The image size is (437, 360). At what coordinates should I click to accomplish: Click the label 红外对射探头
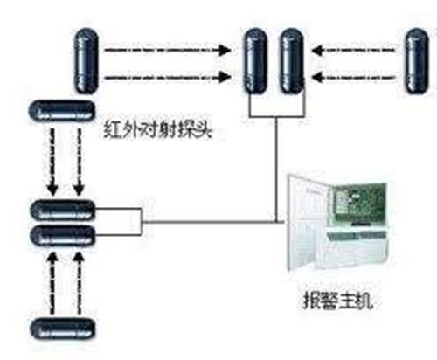(x=157, y=128)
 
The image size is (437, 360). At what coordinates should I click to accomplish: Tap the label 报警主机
(x=338, y=301)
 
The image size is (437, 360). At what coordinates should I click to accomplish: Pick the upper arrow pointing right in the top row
(x=168, y=50)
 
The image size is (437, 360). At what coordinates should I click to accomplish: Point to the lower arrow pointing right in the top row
(x=168, y=78)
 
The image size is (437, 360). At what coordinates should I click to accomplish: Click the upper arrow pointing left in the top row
(x=354, y=50)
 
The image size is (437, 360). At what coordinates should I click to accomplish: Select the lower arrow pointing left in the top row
(x=354, y=78)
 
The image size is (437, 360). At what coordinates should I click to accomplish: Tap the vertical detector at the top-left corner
(x=87, y=60)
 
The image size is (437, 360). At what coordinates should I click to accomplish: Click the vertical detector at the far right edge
(x=417, y=61)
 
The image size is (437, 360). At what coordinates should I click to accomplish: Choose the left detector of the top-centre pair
(x=255, y=60)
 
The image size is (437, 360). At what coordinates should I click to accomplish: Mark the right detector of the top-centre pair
(x=292, y=60)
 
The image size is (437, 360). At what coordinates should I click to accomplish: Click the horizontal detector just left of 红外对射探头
(x=62, y=111)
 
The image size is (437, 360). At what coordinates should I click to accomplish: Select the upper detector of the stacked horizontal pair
(x=63, y=211)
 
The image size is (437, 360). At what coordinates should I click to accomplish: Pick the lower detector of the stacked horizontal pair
(x=63, y=236)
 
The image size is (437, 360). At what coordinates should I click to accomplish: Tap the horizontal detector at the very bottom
(x=63, y=329)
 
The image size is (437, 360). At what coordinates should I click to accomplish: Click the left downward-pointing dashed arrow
(x=52, y=162)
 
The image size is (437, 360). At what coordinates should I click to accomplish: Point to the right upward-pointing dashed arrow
(x=79, y=283)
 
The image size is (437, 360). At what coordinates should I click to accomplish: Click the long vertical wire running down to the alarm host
(x=276, y=170)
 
